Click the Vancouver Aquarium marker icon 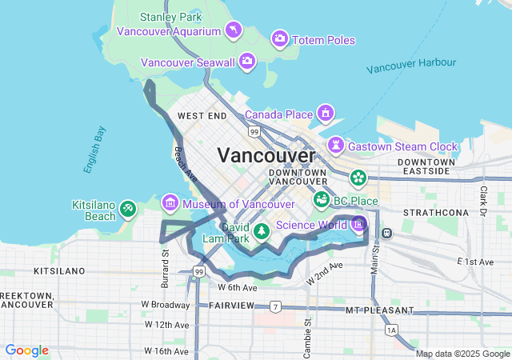click(x=233, y=31)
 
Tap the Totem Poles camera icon click(x=279, y=38)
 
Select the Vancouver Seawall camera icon click(x=247, y=60)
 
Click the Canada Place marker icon click(x=326, y=113)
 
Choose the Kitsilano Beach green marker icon click(x=128, y=210)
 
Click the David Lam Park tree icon click(x=262, y=232)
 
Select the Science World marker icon click(x=358, y=224)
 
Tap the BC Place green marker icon click(x=322, y=199)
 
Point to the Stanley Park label click(x=170, y=17)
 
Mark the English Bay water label click(x=94, y=150)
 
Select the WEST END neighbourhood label click(x=202, y=116)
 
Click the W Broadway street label click(x=166, y=305)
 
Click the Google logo click(x=26, y=350)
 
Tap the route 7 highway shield click(x=275, y=306)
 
